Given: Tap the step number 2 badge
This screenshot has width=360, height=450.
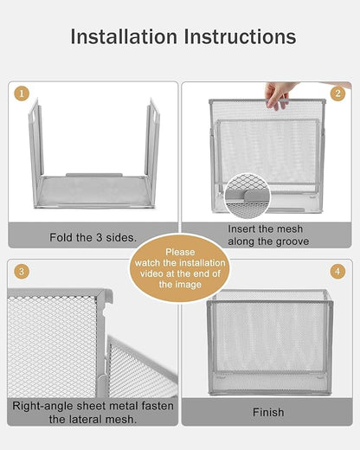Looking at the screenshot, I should click(x=337, y=93).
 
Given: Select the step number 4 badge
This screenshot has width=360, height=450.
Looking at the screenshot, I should click(x=337, y=272).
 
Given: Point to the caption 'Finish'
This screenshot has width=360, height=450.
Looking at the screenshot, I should click(x=268, y=413).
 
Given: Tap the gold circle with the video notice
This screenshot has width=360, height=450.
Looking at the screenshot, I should click(x=180, y=268).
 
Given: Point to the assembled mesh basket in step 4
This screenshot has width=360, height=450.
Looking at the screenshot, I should click(x=268, y=342).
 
